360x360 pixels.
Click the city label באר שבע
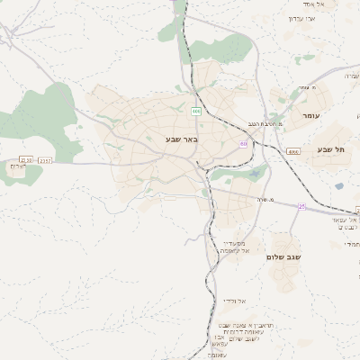pyautogui.click(x=181, y=139)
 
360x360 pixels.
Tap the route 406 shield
pyautogui.click(x=194, y=112)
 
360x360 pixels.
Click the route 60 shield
pyautogui.click(x=243, y=144)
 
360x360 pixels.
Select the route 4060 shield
pyautogui.click(x=293, y=152)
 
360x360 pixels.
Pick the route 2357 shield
pyautogui.click(x=46, y=160)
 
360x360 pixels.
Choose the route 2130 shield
pyautogui.click(x=27, y=160)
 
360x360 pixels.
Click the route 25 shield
pyautogui.click(x=302, y=206)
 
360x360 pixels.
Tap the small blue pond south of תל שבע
pyautogui.click(x=338, y=186)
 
